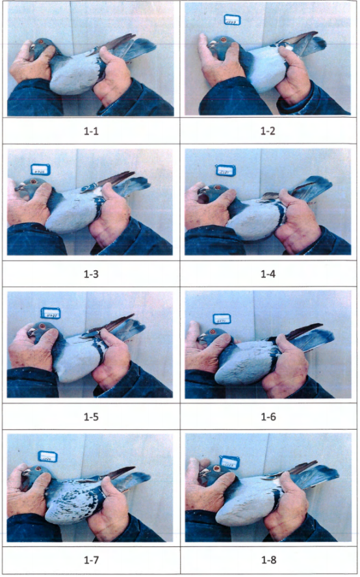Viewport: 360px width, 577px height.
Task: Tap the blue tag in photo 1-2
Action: (232, 21)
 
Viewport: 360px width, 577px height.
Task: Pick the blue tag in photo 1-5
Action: (51, 314)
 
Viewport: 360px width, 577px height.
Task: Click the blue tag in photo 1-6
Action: (222, 320)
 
